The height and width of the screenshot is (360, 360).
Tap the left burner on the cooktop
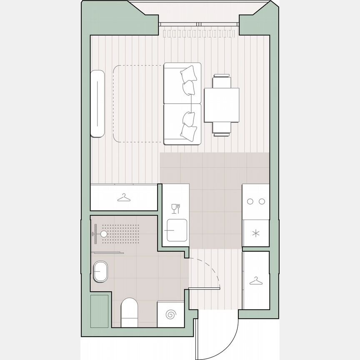pyautogui.click(x=250, y=202)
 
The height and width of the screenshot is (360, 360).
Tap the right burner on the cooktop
pyautogui.click(x=262, y=202)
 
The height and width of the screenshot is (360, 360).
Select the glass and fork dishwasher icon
pyautogui.click(x=176, y=208)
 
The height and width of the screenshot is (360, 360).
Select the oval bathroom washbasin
pyautogui.click(x=100, y=272)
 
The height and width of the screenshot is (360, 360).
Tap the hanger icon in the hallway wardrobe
pyautogui.click(x=256, y=282)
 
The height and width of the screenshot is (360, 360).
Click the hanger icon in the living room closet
pyautogui.click(x=124, y=197)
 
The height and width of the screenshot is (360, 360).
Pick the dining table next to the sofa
pyautogui.click(x=221, y=105)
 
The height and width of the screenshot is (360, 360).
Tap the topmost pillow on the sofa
pyautogui.click(x=190, y=73)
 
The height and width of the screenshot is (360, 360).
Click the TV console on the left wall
pyautogui.click(x=97, y=104)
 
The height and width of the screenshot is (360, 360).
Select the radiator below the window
pyautogui.click(x=200, y=32)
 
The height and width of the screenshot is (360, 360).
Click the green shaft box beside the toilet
pyautogui.click(x=100, y=311)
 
